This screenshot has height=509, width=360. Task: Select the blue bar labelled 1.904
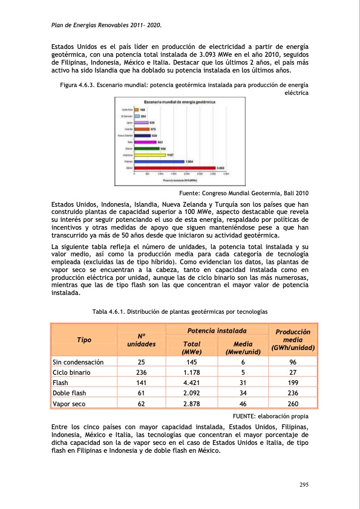(159, 161)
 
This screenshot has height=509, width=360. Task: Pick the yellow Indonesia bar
(149, 155)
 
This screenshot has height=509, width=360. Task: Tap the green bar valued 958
(146, 148)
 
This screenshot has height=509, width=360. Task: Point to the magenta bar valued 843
(144, 141)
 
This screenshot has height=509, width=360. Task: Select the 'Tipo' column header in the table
(83, 340)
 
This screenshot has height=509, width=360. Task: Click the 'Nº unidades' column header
(141, 340)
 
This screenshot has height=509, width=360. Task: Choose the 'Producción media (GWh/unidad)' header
(292, 340)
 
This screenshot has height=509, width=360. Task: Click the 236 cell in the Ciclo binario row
(141, 372)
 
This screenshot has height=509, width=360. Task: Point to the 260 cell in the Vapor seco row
(292, 403)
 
